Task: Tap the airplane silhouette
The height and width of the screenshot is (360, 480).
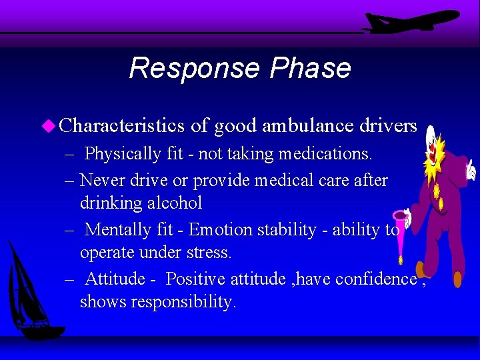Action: (x=410, y=21)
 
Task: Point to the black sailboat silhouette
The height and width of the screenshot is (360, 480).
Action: (x=30, y=293)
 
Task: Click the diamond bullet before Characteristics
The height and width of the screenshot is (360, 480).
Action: (x=49, y=125)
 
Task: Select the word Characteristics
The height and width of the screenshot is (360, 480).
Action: (x=121, y=125)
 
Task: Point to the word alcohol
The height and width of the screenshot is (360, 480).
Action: (x=171, y=203)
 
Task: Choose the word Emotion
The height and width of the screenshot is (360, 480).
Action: (x=219, y=230)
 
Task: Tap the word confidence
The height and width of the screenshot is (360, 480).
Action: (x=377, y=279)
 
